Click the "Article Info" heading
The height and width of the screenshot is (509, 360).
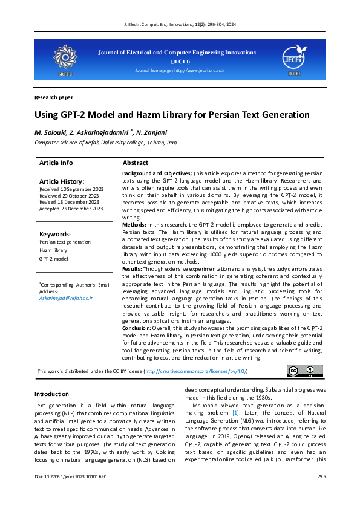(x=56, y=163)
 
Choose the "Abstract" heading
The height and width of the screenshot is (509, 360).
(x=136, y=163)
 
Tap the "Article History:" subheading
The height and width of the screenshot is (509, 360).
(x=62, y=181)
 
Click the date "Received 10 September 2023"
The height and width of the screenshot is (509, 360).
(x=71, y=189)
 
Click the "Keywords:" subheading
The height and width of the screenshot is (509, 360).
(x=55, y=234)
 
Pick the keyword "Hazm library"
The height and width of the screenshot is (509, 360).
(x=53, y=250)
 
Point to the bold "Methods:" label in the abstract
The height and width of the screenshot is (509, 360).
(x=134, y=224)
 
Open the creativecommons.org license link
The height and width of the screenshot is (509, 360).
(x=196, y=371)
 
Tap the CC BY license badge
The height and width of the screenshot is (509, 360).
(x=301, y=371)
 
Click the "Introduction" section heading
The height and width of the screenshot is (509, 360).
(x=52, y=394)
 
